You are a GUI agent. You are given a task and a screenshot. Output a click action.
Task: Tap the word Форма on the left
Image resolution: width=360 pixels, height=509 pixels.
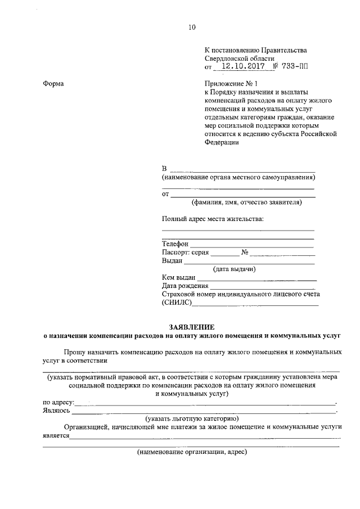coord(53,84)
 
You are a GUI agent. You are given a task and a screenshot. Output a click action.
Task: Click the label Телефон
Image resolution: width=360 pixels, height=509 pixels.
coord(175,244)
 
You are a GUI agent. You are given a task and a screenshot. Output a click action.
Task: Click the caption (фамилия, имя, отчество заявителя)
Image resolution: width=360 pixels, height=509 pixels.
coord(246,202)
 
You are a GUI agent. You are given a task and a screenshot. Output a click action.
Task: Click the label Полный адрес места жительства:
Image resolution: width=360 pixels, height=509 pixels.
coord(212,219)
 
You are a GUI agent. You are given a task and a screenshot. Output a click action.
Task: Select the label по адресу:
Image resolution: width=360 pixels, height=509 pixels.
coord(58,402)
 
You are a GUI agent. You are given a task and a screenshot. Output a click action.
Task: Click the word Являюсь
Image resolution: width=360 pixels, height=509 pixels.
coord(57,411)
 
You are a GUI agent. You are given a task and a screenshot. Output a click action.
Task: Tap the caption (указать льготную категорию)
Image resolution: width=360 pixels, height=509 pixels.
coord(192,418)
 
